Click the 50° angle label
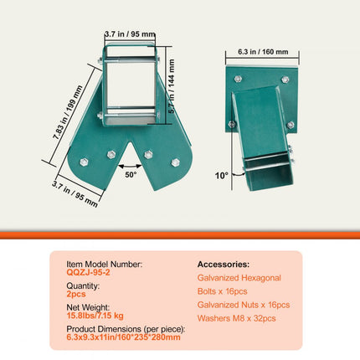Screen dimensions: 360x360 pyautogui.click(x=132, y=177)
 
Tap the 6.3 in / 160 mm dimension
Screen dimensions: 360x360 pyautogui.click(x=256, y=52)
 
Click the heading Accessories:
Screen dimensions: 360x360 pyautogui.click(x=224, y=263)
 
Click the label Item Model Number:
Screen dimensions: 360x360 pyautogui.click(x=104, y=263)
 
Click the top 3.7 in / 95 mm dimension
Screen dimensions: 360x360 pyautogui.click(x=129, y=35)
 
